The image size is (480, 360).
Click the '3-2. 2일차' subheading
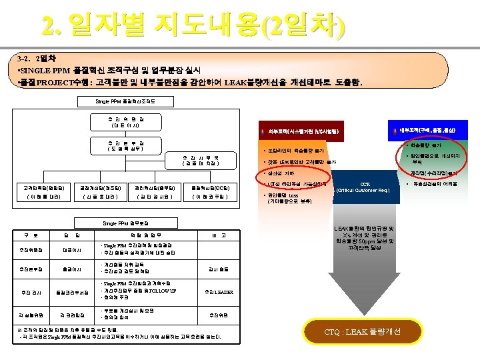[x=41, y=58]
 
